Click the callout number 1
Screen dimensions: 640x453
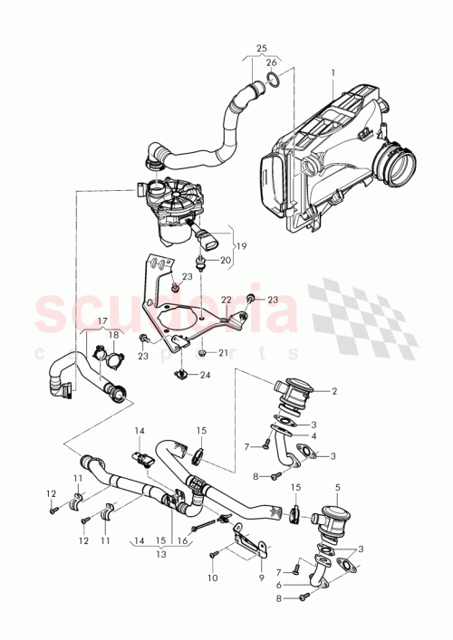click(333, 72)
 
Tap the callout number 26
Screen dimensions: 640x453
click(271, 62)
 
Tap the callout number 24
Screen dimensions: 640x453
click(205, 374)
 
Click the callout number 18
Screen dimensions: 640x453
click(113, 335)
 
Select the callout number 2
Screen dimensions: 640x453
click(333, 391)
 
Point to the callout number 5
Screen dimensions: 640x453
click(337, 488)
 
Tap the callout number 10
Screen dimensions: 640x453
click(212, 577)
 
